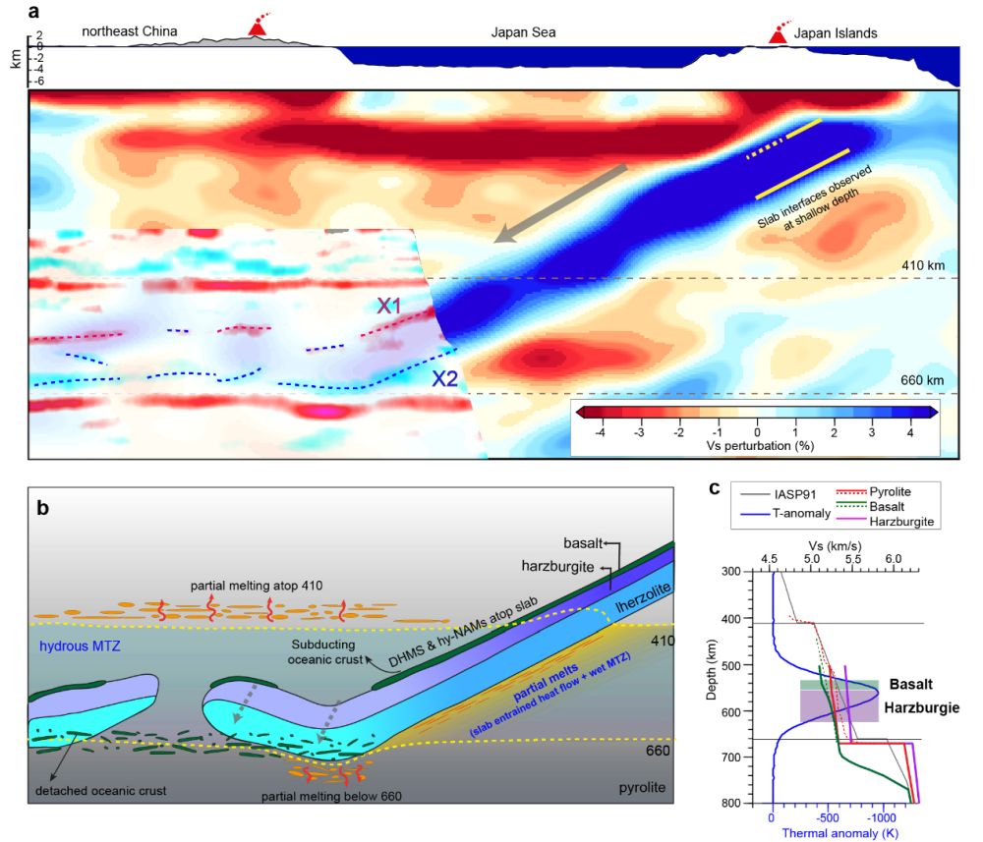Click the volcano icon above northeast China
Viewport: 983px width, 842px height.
[x=257, y=28]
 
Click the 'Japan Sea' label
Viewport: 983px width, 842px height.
[x=524, y=32]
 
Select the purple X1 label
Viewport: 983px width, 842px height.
[x=391, y=306]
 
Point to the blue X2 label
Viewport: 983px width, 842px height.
[x=446, y=378]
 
